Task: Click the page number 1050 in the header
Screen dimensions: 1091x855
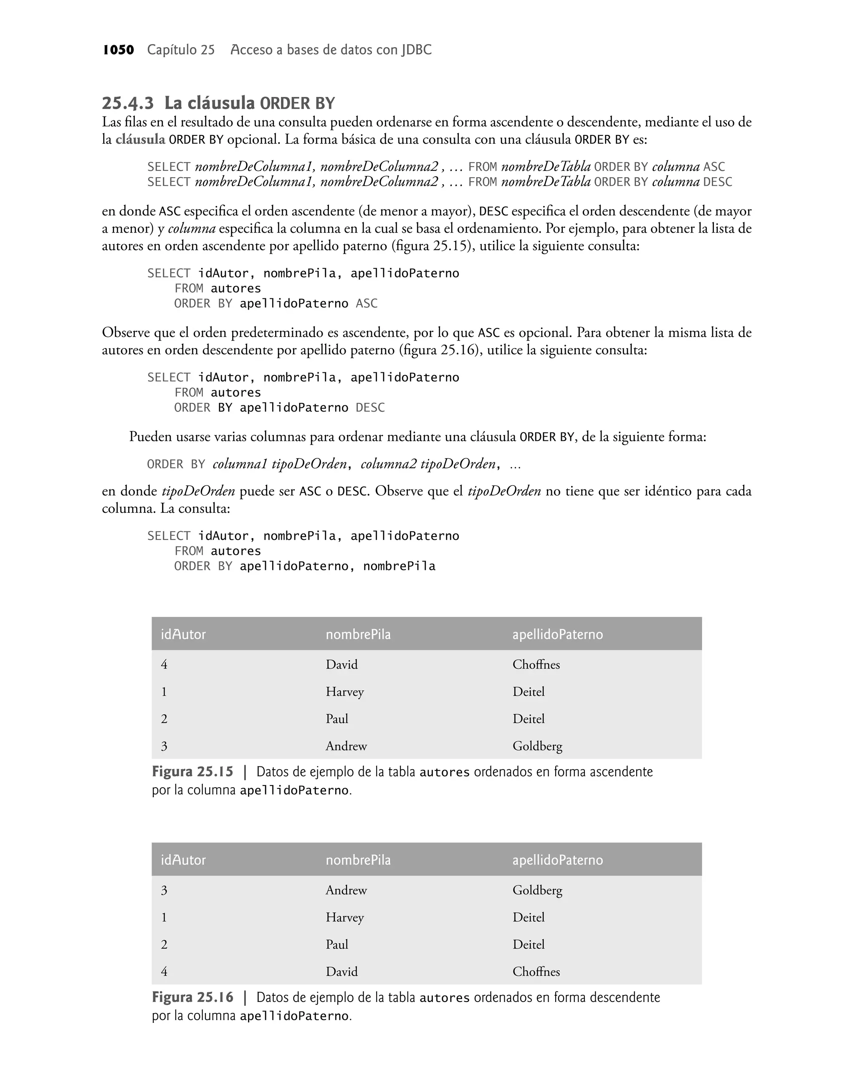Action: coord(118,50)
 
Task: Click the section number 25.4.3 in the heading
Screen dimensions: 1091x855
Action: coord(128,103)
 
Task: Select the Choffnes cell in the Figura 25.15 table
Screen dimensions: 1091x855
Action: coord(536,664)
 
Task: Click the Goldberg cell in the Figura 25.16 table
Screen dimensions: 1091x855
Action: coord(537,890)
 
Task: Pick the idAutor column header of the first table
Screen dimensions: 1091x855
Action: coord(183,635)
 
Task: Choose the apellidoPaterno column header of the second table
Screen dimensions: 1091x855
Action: coord(557,860)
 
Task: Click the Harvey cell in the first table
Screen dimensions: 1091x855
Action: coord(344,692)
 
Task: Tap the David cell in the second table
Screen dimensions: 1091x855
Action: coord(341,972)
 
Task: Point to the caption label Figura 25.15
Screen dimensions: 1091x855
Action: coord(192,771)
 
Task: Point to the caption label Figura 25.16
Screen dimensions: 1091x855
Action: coord(192,997)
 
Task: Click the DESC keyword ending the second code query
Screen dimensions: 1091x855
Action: coord(370,408)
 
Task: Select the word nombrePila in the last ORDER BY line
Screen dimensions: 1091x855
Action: coord(399,567)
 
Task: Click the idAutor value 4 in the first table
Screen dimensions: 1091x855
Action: coord(164,665)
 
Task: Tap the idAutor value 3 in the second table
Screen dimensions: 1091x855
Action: coord(164,890)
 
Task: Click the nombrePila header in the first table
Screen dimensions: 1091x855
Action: coord(358,635)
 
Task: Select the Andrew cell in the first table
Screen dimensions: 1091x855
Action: coord(346,746)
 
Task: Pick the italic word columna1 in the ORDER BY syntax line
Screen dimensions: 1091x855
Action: coord(240,464)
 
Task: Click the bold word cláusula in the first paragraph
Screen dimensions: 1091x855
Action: coord(140,139)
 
